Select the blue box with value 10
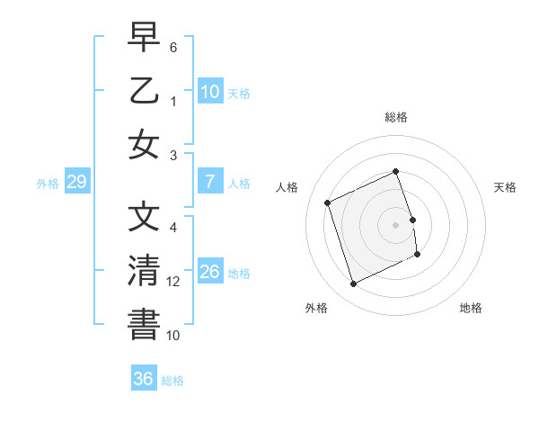(x=209, y=92)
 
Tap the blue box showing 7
(x=209, y=183)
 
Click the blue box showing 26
(x=209, y=273)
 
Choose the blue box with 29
(x=76, y=183)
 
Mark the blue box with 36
(x=144, y=379)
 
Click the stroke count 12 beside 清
(x=173, y=282)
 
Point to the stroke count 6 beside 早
(x=173, y=46)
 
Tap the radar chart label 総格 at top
(x=396, y=117)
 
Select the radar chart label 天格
(x=506, y=187)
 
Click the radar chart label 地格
(x=471, y=308)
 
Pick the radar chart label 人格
(x=287, y=187)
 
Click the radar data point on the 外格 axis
(x=353, y=284)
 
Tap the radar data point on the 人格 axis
(x=328, y=202)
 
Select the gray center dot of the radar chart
(x=396, y=224)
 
